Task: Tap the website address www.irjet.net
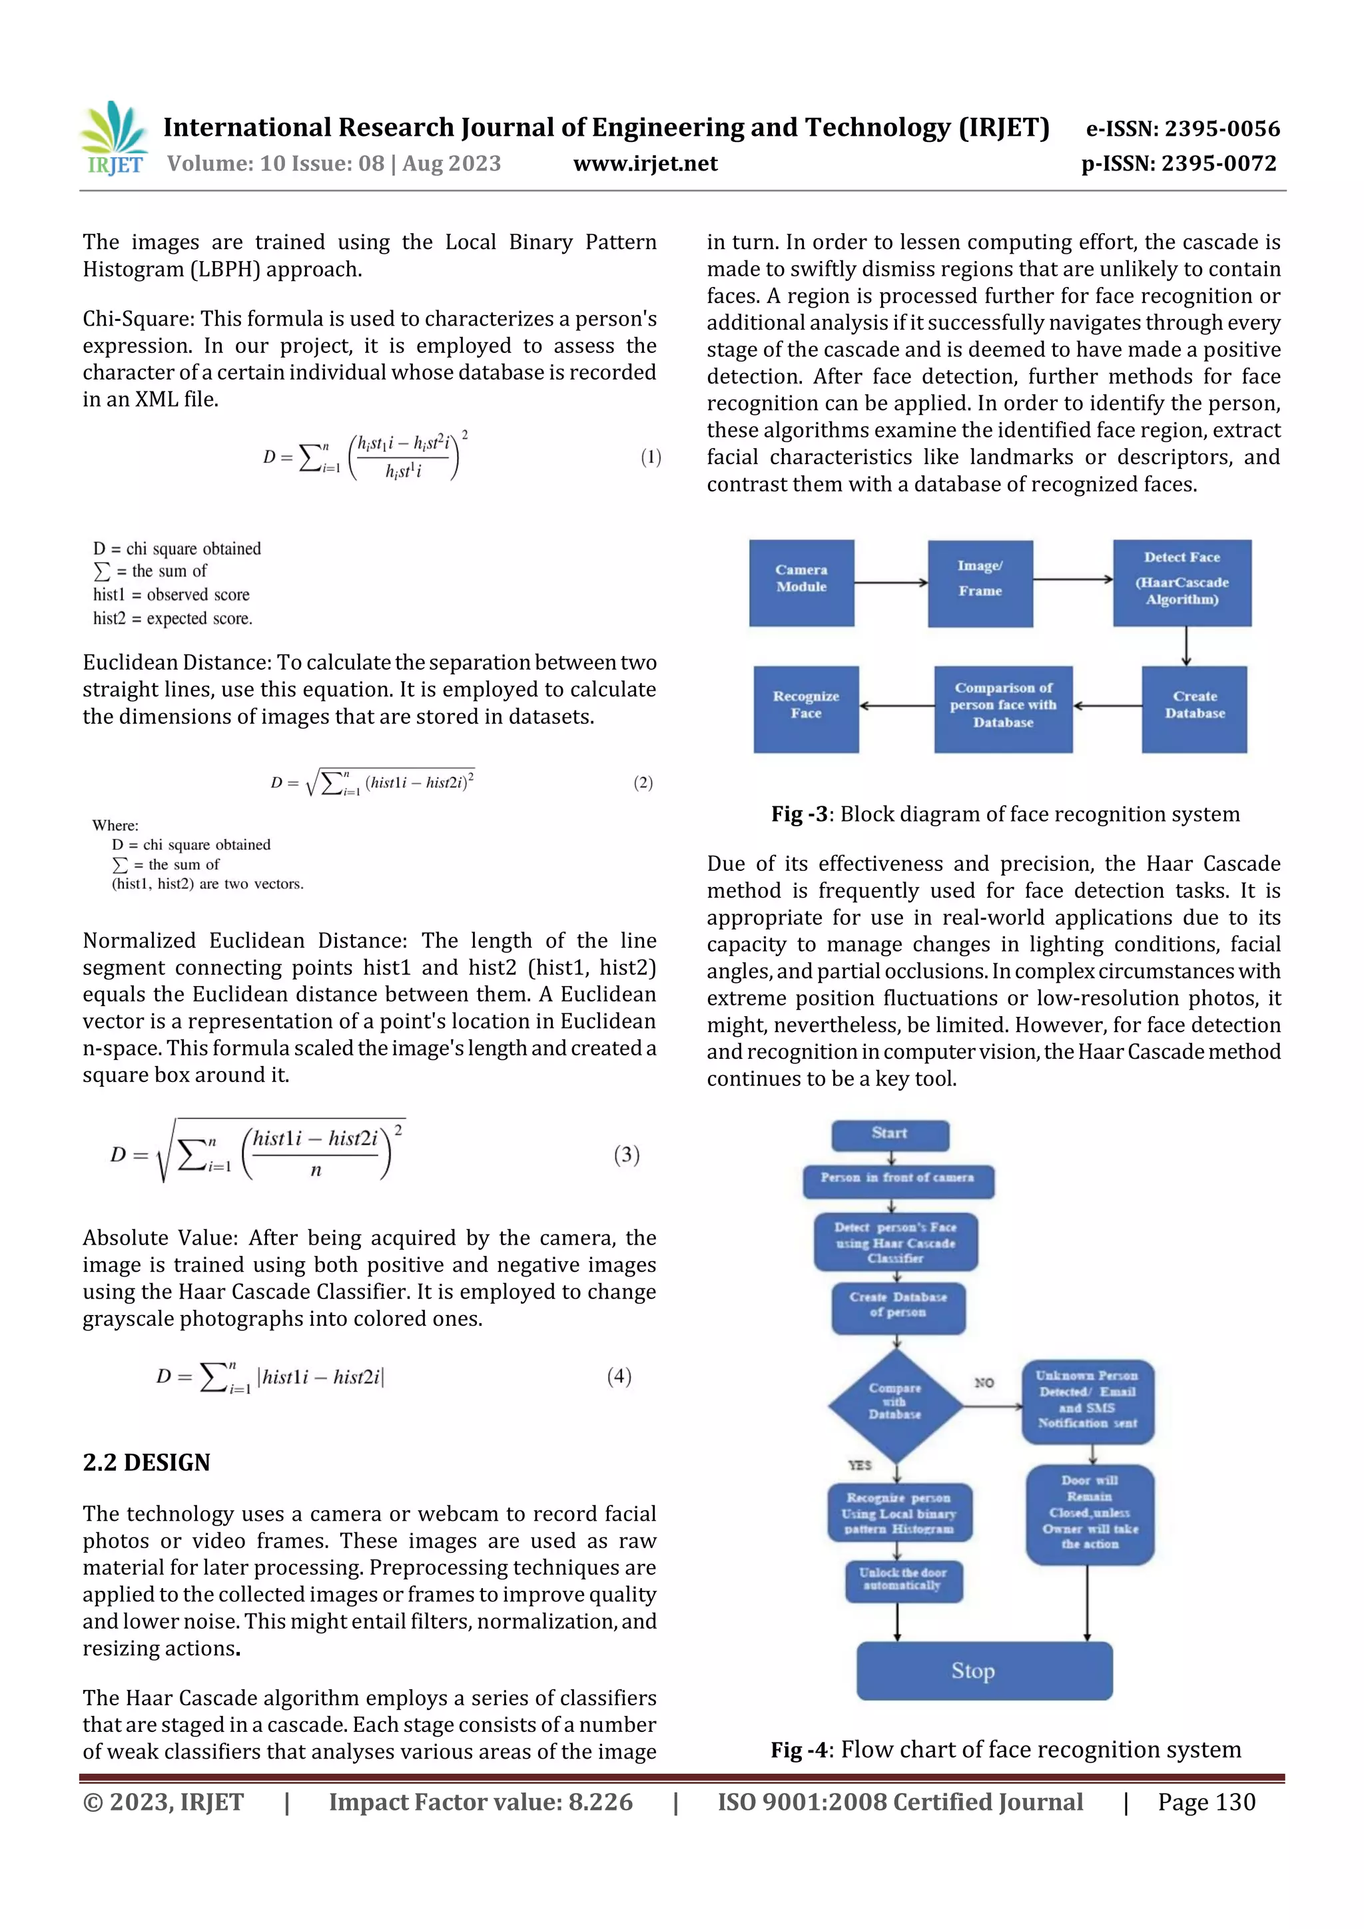coord(645,163)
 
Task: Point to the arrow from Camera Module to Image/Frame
coord(891,582)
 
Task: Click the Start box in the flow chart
coord(890,1134)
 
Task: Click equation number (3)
coord(626,1155)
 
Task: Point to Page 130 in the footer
coord(1206,1802)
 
